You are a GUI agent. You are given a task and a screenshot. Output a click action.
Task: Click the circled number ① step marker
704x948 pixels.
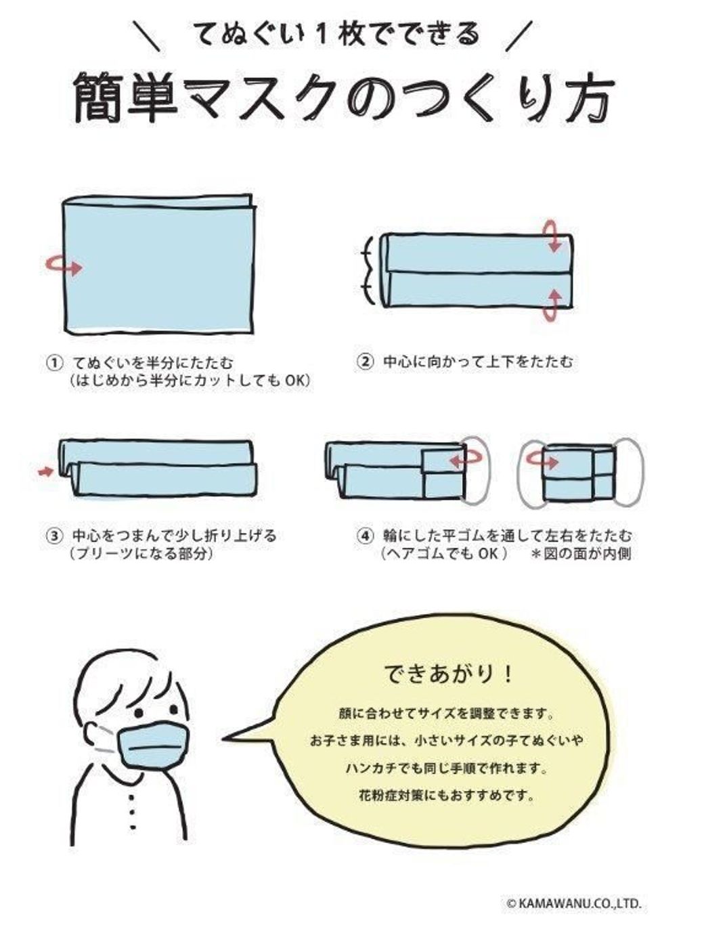(x=54, y=362)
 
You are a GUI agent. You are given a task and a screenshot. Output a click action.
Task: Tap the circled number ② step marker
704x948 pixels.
(x=364, y=362)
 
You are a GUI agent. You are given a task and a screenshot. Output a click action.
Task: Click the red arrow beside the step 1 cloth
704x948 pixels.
(x=64, y=267)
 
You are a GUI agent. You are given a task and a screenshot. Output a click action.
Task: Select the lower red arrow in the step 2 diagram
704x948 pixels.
(x=554, y=305)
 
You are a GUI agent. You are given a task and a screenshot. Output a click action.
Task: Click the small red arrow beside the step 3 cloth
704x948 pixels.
(x=46, y=471)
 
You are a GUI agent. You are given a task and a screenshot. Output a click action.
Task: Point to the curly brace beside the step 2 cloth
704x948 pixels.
(x=366, y=270)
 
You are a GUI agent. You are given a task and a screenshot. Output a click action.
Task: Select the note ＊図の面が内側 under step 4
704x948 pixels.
(x=581, y=554)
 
